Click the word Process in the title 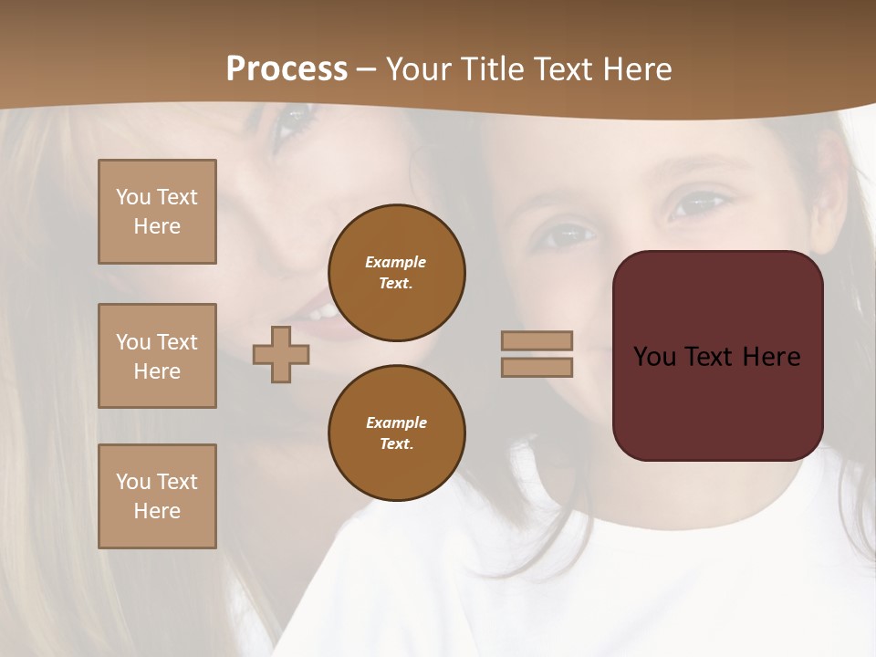pos(287,69)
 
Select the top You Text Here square pos(157,212)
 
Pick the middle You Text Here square pos(157,356)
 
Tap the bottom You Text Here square pos(157,496)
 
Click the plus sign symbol pos(281,354)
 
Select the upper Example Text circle pos(396,273)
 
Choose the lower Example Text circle pos(396,433)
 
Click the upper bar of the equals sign pos(537,340)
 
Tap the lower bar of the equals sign pos(537,367)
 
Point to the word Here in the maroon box pos(771,356)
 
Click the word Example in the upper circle pos(395,262)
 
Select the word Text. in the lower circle pos(396,443)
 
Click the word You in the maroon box pos(655,356)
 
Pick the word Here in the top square pos(157,226)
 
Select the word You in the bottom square pos(133,482)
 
